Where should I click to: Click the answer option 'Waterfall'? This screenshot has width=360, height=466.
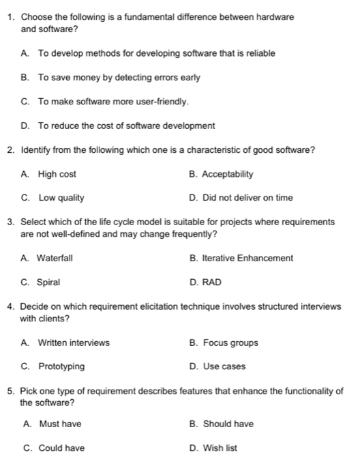tap(55, 258)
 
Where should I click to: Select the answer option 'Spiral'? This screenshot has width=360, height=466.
tap(49, 282)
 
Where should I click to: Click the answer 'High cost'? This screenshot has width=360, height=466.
tap(57, 174)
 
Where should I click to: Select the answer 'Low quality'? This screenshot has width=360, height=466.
tap(61, 198)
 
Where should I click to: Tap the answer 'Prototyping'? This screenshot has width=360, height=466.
tap(61, 366)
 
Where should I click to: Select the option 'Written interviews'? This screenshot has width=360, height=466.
tap(74, 343)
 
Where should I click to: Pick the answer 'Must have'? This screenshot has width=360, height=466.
tap(60, 424)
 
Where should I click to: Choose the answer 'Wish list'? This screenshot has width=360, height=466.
tap(220, 448)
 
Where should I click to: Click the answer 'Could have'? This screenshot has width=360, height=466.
tap(61, 448)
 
